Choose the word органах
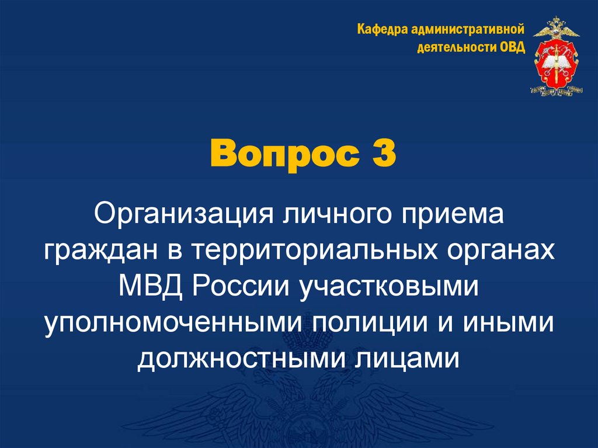(502, 251)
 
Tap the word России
(242, 286)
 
